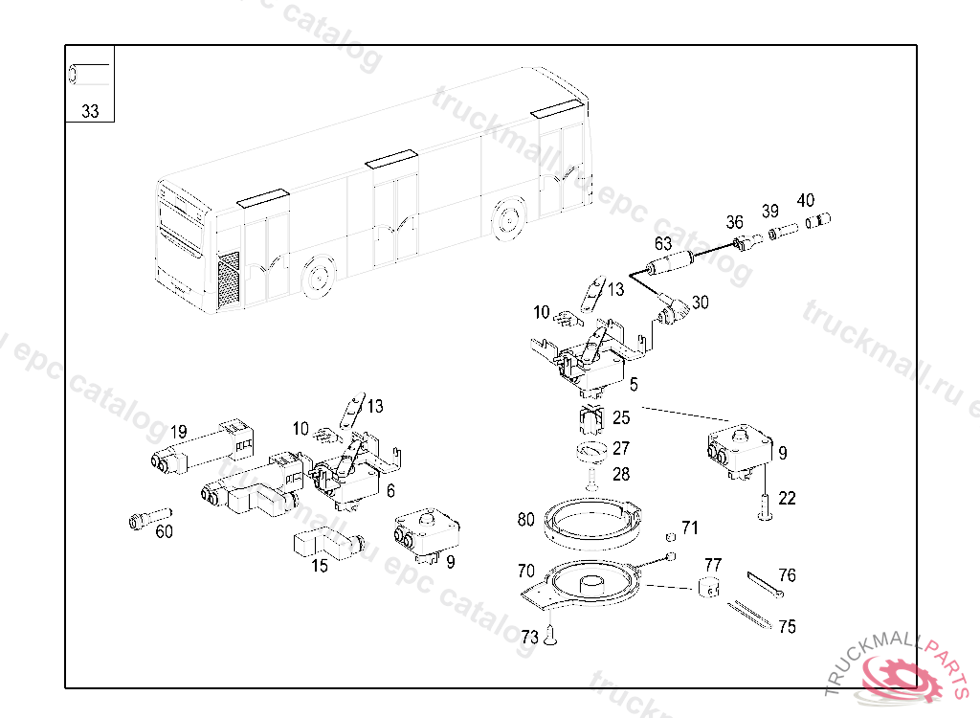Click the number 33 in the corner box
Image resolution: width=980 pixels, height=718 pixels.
tap(90, 111)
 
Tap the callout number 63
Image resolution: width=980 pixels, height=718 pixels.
tap(662, 243)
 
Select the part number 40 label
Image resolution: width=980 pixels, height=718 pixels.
tap(806, 200)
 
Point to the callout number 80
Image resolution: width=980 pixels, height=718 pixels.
tap(525, 520)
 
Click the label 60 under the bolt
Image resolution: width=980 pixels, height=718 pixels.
tap(165, 531)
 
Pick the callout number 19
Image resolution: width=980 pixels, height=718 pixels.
tap(179, 432)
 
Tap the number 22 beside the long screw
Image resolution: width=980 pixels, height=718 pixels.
tap(787, 498)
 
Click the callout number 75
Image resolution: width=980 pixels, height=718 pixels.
tap(787, 627)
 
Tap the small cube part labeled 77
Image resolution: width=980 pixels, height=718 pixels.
tap(709, 587)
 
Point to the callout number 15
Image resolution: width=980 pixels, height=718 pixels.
tap(319, 566)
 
